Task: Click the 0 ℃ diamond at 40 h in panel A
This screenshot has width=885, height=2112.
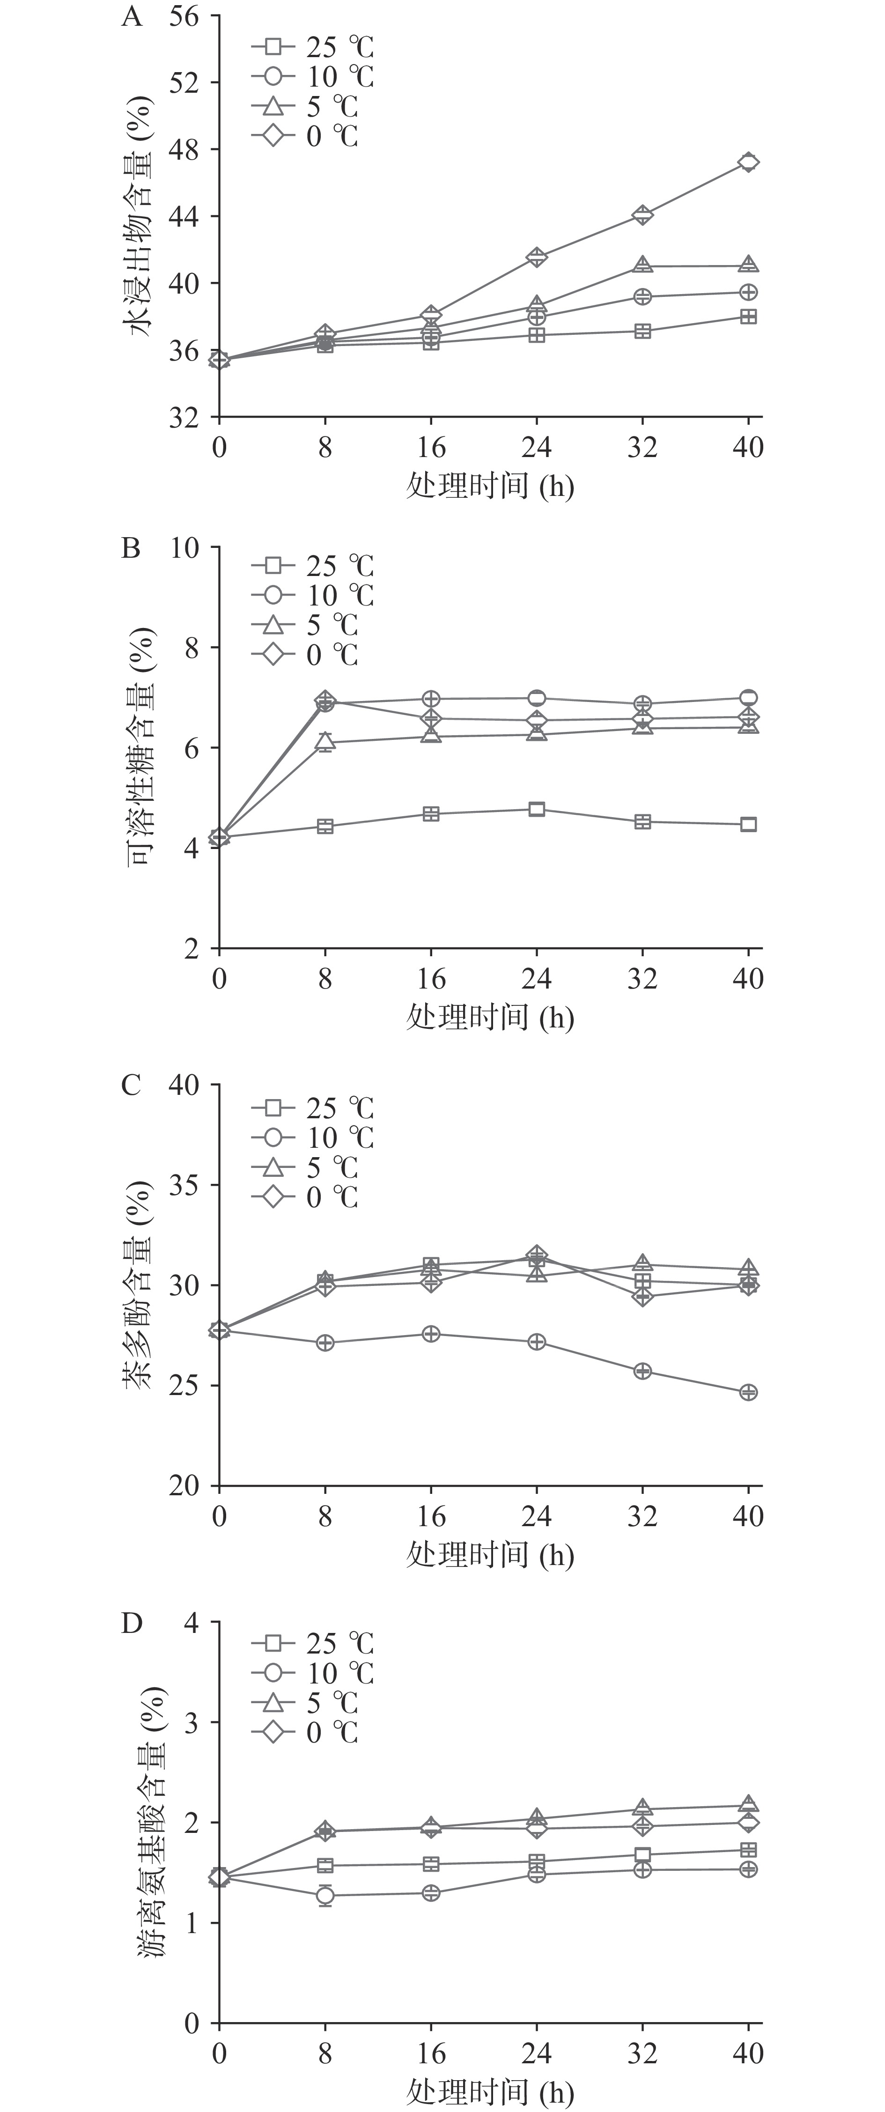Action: pyautogui.click(x=748, y=162)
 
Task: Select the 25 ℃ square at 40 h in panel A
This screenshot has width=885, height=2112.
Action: pyautogui.click(x=748, y=317)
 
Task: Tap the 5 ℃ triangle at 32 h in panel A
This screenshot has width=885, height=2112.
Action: pyautogui.click(x=642, y=266)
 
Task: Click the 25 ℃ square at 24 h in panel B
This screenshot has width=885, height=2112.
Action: pyautogui.click(x=537, y=809)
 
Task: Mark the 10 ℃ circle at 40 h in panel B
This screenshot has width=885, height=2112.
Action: pyautogui.click(x=748, y=698)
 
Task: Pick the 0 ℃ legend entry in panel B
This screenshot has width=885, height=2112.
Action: pyautogui.click(x=304, y=655)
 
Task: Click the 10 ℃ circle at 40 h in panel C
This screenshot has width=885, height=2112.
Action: pyautogui.click(x=748, y=1392)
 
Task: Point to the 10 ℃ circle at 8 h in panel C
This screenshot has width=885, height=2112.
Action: pyautogui.click(x=325, y=1343)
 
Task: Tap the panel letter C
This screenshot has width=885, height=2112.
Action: pyautogui.click(x=131, y=1086)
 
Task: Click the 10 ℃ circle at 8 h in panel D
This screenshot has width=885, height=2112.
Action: pyautogui.click(x=325, y=1895)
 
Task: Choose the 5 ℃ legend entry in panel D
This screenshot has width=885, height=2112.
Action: pyautogui.click(x=304, y=1703)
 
